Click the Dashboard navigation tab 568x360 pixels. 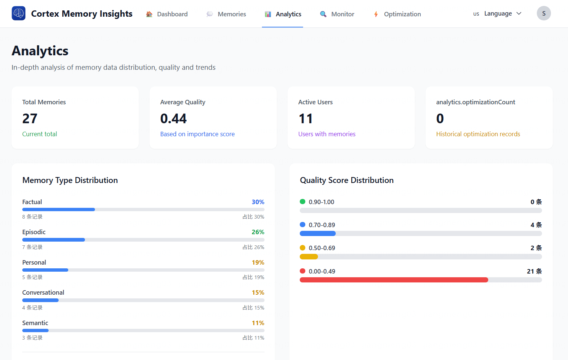[167, 14]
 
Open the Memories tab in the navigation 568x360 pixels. [226, 14]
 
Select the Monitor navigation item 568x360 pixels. [337, 14]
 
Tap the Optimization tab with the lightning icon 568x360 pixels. [397, 14]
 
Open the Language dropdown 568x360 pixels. [498, 14]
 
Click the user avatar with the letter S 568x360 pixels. [544, 13]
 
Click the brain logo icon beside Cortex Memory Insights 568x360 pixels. [19, 13]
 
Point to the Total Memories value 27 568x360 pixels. [30, 119]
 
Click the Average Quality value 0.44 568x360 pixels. [173, 119]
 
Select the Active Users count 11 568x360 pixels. [306, 119]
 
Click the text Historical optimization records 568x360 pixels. [478, 134]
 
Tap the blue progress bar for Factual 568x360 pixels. [58, 210]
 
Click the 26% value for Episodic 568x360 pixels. [258, 232]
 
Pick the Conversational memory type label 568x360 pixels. [43, 292]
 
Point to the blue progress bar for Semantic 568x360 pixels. [35, 330]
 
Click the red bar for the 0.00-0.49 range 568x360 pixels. [394, 280]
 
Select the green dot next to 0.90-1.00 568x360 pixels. [302, 202]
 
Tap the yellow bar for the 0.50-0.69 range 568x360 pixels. [309, 257]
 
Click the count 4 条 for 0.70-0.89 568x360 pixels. [536, 225]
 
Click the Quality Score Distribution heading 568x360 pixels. [347, 180]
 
